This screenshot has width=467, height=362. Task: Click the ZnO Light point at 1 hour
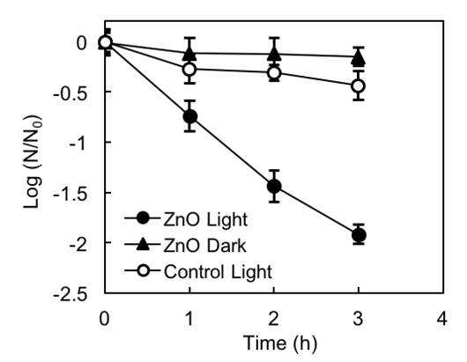(190, 116)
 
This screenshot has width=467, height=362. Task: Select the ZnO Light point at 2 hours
(274, 187)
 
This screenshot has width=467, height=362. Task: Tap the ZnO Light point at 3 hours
(359, 235)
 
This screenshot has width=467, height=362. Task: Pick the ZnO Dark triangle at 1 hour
(189, 53)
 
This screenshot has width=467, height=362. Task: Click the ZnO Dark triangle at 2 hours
(274, 54)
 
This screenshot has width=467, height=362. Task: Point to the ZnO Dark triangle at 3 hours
(359, 58)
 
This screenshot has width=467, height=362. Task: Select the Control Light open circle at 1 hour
(189, 70)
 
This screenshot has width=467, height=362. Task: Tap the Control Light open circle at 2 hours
(274, 72)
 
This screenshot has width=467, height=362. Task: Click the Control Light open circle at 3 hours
(359, 85)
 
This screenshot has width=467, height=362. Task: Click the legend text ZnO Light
(205, 220)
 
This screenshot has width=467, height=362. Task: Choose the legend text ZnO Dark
(205, 246)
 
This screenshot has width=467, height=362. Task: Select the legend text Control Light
(218, 272)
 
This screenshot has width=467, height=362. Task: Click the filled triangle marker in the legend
(144, 244)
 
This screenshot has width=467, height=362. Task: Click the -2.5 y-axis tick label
(70, 295)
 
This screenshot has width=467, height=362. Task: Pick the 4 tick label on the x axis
(442, 318)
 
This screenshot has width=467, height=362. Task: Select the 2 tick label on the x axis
(273, 318)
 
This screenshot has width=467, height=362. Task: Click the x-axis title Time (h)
(280, 343)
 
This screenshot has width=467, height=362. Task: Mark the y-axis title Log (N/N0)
(33, 161)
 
